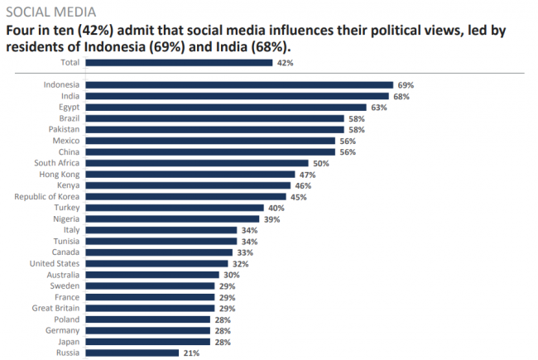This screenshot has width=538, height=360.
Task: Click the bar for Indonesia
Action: coord(238,84)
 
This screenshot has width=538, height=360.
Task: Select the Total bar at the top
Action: coord(178,62)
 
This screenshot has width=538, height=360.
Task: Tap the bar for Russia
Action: coord(132,353)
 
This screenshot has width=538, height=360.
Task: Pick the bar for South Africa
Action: coord(196,163)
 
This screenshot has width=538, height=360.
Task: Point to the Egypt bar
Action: coord(225,107)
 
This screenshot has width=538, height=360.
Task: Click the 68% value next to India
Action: coord(401,96)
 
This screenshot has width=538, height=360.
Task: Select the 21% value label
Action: coord(191,353)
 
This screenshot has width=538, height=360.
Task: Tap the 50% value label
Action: coord(321,163)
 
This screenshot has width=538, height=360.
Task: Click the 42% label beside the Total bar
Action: coord(285,62)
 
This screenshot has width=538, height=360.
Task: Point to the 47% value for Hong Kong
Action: coord(308,175)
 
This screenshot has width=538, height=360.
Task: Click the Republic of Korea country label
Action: coord(47,196)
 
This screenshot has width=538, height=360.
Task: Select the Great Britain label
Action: coord(56,308)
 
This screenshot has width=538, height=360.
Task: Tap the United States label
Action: coord(56,263)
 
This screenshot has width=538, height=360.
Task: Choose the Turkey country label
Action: coord(66,208)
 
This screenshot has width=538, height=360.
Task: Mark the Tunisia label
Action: coord(65,241)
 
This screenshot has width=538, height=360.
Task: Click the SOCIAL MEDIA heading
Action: coord(50,12)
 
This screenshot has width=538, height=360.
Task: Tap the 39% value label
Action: coord(271,218)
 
